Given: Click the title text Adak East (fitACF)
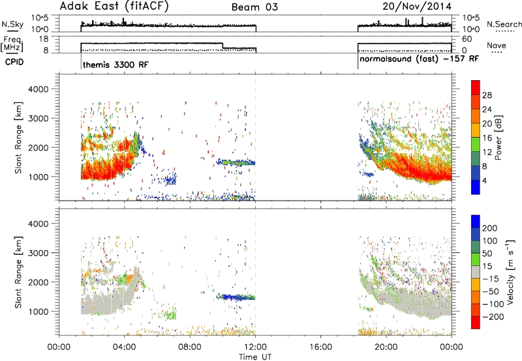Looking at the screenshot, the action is pyautogui.click(x=114, y=6).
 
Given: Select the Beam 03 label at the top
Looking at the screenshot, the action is pyautogui.click(x=254, y=7).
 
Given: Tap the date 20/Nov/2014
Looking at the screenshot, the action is pyautogui.click(x=417, y=7).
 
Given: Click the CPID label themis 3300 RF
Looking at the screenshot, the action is pyautogui.click(x=115, y=65).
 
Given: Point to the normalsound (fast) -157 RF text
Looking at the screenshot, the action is pyautogui.click(x=419, y=59).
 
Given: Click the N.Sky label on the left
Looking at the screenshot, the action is pyautogui.click(x=12, y=24).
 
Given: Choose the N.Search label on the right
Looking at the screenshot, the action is pyautogui.click(x=504, y=24).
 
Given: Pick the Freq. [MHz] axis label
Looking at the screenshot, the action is pyautogui.click(x=13, y=44).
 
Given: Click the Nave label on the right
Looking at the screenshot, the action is pyautogui.click(x=497, y=45).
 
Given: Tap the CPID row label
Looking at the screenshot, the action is pyautogui.click(x=14, y=62).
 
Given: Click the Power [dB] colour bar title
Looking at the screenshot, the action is pyautogui.click(x=498, y=137).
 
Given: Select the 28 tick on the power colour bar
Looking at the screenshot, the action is pyautogui.click(x=487, y=95).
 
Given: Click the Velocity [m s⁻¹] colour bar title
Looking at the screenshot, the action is pyautogui.click(x=510, y=272).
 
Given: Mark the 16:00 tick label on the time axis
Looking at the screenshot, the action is pyautogui.click(x=320, y=347).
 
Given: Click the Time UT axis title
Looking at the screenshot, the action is pyautogui.click(x=255, y=357).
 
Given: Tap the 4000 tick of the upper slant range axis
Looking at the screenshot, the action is pyautogui.click(x=38, y=89).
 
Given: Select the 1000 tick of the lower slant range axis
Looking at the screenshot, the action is pyautogui.click(x=38, y=311).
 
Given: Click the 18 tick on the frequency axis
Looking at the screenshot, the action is pyautogui.click(x=44, y=39).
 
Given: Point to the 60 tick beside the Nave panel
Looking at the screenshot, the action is pyautogui.click(x=467, y=39).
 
